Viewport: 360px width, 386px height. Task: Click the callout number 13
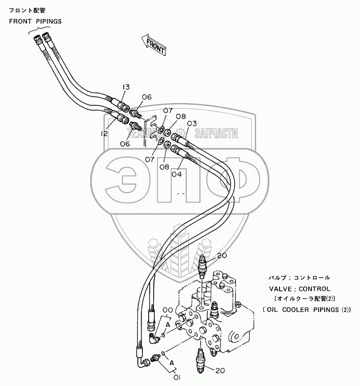126,87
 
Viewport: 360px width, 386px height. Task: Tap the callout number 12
104,134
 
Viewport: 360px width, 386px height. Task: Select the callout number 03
191,123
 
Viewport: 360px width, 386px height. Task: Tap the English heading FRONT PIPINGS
35,22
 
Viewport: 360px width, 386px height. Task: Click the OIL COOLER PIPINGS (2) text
306,309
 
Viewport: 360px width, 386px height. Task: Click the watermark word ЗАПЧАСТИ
217,133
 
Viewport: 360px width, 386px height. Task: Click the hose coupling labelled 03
178,138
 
